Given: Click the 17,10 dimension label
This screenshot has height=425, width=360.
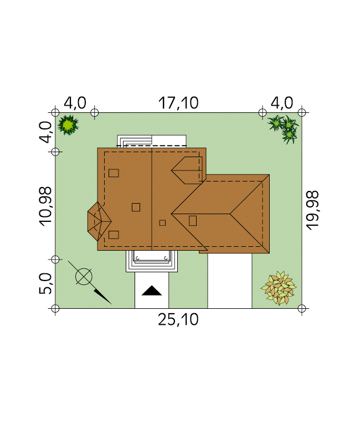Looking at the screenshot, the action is [178, 103].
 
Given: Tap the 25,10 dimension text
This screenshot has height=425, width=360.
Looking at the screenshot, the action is [178, 319].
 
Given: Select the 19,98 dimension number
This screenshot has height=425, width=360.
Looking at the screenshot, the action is [312, 210].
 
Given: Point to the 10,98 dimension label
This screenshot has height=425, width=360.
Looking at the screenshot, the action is [45, 206].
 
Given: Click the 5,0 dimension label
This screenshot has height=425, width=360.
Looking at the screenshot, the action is [45, 283].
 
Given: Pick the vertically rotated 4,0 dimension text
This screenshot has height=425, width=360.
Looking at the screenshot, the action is [45, 132].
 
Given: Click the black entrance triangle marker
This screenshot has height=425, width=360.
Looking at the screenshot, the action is [152, 291].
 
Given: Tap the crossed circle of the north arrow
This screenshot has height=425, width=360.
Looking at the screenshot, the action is [84, 277].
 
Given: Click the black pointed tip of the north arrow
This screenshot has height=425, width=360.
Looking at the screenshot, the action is [111, 304].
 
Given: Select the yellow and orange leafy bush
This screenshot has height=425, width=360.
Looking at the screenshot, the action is [279, 288].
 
